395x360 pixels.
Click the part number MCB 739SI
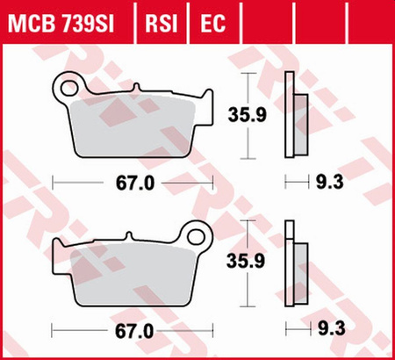tap(61, 24)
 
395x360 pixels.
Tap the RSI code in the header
tap(162, 24)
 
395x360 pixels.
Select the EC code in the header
tap(213, 24)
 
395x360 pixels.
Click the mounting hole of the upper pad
tap(68, 88)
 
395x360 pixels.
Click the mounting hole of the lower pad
tap(196, 236)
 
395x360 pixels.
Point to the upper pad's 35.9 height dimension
tap(248, 115)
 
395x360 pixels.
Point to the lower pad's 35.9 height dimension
tap(246, 261)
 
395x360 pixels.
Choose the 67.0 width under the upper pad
tap(134, 184)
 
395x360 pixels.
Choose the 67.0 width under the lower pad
tap(134, 332)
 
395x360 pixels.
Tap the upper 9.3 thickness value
tap(329, 182)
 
